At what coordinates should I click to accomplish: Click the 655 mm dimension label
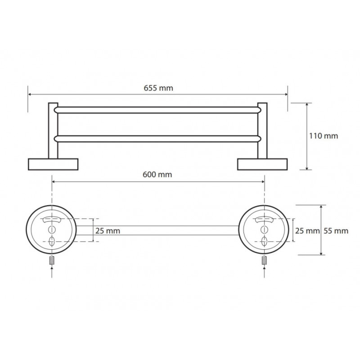click(x=158, y=88)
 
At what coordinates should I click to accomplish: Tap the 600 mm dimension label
click(x=157, y=175)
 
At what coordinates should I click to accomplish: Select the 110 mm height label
click(x=324, y=136)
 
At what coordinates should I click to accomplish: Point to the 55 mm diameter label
click(x=336, y=231)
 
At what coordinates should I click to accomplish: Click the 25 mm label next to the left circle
click(x=108, y=231)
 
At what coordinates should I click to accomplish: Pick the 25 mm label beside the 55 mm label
click(x=307, y=231)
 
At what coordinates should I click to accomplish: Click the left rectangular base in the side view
click(x=53, y=164)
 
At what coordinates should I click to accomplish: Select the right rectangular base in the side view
click(x=262, y=164)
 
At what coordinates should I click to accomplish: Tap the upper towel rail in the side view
click(x=157, y=110)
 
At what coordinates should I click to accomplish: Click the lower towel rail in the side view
click(x=157, y=139)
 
